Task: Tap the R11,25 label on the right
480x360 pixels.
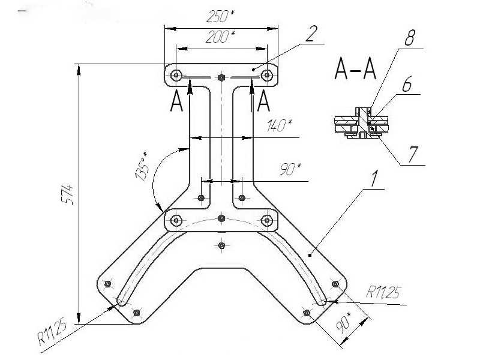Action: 385,292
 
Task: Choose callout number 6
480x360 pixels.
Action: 406,85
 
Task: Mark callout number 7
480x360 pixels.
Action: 413,154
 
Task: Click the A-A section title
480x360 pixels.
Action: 355,71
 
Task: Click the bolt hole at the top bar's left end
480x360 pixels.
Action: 176,75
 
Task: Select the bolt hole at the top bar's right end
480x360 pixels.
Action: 266,75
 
